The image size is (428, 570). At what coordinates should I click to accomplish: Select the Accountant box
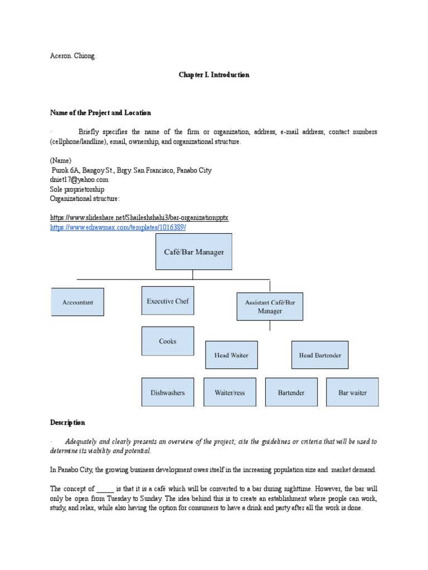pos(77,302)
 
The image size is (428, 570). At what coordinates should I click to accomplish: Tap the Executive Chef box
pos(168,301)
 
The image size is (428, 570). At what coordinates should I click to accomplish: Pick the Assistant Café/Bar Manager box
pos(270,307)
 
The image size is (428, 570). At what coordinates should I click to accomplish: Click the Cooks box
pos(168,341)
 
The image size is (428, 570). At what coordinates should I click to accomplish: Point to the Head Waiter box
pos(231,355)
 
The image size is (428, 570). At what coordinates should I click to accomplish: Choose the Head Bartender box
pos(320,355)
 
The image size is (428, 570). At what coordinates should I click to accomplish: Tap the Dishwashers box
pos(168,392)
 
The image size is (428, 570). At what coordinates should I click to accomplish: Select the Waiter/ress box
pos(230,392)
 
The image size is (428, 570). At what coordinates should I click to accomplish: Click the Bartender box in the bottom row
pos(291,392)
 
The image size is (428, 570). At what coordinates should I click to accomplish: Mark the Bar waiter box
pos(352,392)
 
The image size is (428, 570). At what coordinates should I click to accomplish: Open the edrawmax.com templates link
pos(118,228)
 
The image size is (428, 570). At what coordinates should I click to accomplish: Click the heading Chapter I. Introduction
pos(214,75)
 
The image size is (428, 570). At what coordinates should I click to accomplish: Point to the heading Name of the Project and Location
pos(100,112)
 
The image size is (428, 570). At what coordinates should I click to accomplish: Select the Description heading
pos(67,422)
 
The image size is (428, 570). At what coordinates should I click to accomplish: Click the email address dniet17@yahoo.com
pos(79,180)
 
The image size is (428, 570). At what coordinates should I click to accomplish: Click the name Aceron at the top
pos(61,56)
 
